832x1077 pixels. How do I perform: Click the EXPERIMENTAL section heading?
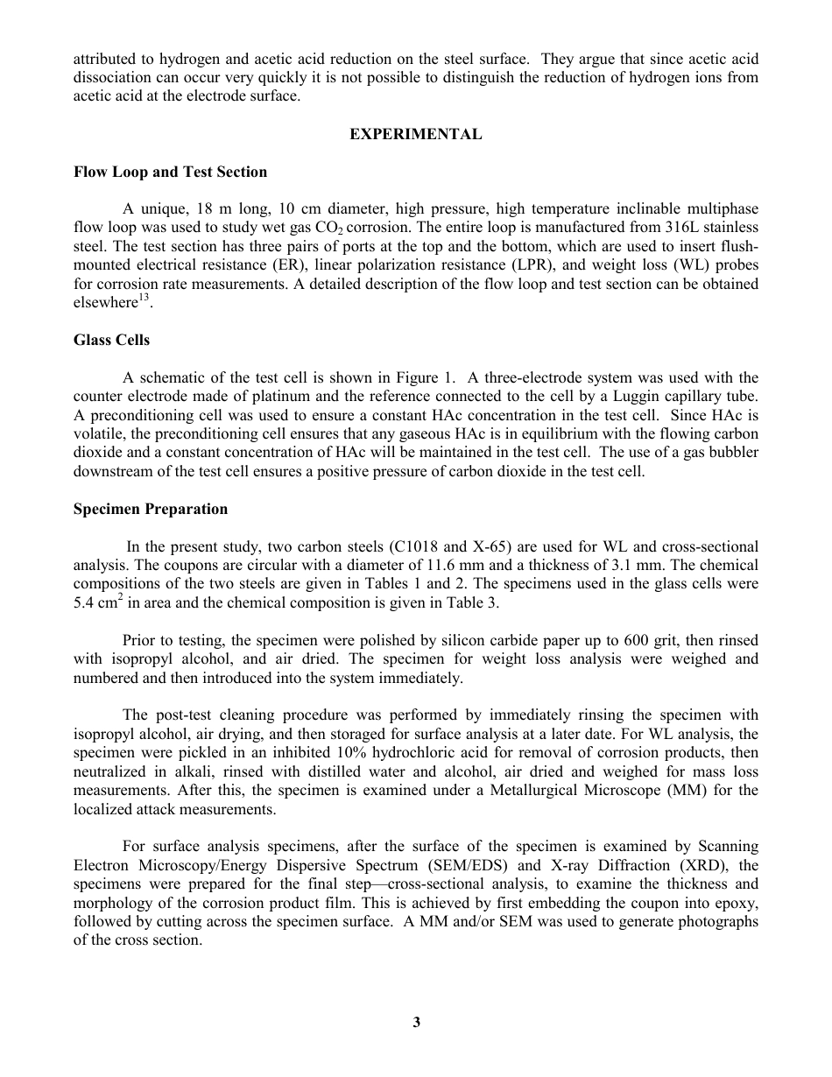tap(416, 135)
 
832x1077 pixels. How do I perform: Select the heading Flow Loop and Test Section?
tap(170, 172)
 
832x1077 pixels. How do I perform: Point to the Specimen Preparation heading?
tap(150, 509)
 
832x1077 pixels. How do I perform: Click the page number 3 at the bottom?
tap(416, 1022)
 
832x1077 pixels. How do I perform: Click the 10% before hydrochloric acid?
tap(350, 753)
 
